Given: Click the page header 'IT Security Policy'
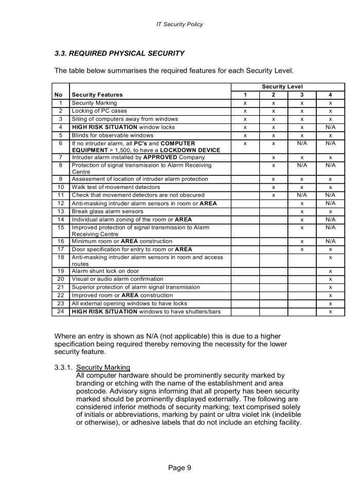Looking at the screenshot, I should click(x=179, y=24).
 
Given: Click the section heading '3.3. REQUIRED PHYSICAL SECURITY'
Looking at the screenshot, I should click(x=119, y=53).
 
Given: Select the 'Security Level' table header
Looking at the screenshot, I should click(x=287, y=86).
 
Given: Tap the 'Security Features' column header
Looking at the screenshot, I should click(x=97, y=95).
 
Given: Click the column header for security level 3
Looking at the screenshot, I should click(x=302, y=95).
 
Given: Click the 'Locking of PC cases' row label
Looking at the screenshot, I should click(x=99, y=111).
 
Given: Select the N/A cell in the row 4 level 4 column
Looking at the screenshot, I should click(x=330, y=127).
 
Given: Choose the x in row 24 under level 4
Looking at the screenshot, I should click(x=330, y=312).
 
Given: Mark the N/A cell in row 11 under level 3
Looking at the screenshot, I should click(x=302, y=195).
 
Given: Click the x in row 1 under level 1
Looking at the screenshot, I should click(x=245, y=103).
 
